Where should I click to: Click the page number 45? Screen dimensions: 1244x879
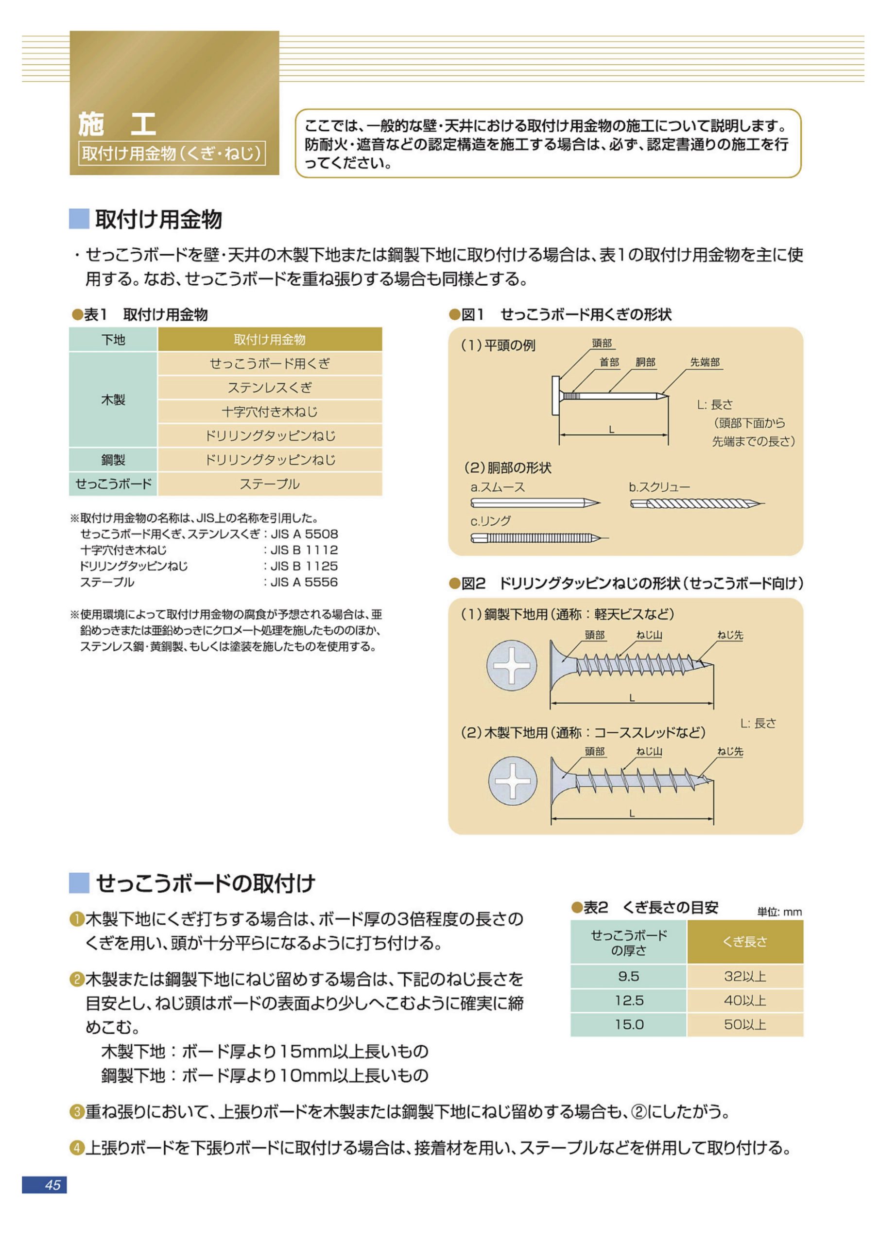(52, 1185)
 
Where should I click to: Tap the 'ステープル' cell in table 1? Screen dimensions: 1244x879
(269, 484)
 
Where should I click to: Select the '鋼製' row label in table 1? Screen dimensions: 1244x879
(113, 460)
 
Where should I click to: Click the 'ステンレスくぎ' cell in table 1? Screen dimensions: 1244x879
(269, 388)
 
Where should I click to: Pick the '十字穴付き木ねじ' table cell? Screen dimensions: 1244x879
(269, 412)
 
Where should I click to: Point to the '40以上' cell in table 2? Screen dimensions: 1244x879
(744, 1001)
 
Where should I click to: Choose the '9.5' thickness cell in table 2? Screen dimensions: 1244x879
(628, 976)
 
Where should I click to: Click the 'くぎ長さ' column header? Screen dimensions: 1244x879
(744, 942)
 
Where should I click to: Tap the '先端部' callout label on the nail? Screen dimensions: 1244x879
(705, 362)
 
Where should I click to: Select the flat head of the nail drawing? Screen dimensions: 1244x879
(555, 396)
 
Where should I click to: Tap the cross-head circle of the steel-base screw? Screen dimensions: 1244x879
(512, 665)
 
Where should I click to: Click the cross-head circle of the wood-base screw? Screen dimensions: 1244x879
(512, 781)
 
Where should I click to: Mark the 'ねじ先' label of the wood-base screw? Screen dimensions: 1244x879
(730, 751)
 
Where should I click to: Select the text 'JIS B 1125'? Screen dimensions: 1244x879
(304, 566)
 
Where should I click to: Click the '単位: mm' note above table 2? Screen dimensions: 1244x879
(779, 913)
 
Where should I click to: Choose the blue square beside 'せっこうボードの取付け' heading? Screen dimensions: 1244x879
(79, 882)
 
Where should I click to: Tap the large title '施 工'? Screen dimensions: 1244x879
(117, 124)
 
